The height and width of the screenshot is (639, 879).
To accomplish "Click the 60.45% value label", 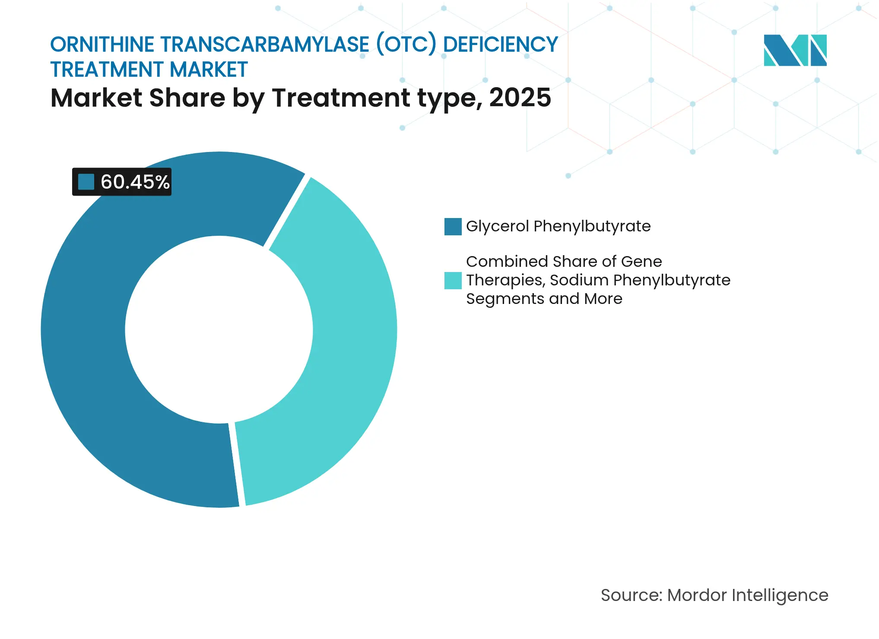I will pos(134,182).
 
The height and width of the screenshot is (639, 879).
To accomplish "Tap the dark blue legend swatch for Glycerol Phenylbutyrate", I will pos(453,227).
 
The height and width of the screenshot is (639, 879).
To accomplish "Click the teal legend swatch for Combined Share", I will pos(453,281).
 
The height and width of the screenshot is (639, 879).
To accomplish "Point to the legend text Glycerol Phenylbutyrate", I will pos(558,226).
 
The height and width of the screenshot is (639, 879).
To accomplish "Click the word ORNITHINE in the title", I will pos(102,45).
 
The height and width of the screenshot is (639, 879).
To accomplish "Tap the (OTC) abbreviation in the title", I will pos(406,45).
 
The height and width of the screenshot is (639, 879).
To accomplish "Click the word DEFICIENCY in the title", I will pos(501,45).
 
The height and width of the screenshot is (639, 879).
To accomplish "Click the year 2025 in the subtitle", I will pos(520,98).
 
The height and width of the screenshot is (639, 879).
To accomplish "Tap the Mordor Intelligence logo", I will pos(795,51).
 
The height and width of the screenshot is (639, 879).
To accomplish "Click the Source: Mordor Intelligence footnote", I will pos(714,595).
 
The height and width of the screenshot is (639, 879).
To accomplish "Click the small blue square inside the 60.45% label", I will pos(86,182).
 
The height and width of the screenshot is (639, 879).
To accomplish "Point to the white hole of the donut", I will pos(219,330).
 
